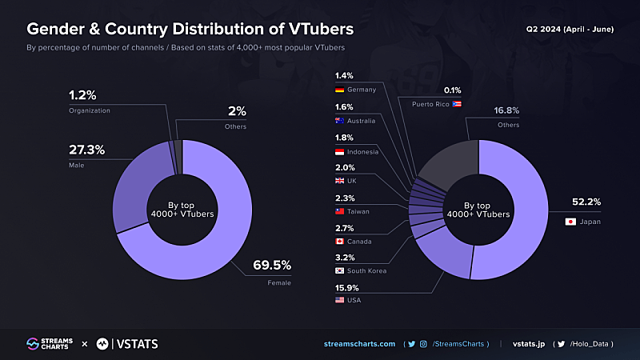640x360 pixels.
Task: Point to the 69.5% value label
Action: click(x=273, y=265)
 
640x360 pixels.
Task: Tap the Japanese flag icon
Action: click(x=570, y=222)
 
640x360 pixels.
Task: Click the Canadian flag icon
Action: click(x=340, y=241)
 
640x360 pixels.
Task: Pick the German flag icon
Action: click(x=340, y=90)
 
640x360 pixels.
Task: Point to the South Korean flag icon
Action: click(x=340, y=271)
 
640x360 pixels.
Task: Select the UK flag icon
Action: click(x=340, y=181)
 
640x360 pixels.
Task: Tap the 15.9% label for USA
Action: click(x=349, y=287)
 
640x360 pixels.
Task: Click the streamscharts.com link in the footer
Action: click(x=359, y=344)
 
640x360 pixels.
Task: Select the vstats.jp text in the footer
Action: click(x=529, y=344)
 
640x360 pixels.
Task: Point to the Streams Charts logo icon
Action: click(x=34, y=344)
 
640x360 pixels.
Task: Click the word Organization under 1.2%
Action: click(x=90, y=110)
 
